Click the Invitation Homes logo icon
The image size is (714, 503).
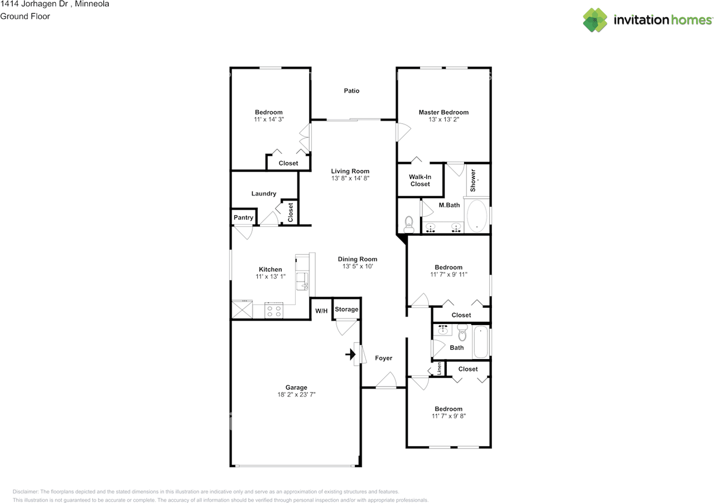pyautogui.click(x=595, y=20)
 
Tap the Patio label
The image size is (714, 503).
pyautogui.click(x=351, y=91)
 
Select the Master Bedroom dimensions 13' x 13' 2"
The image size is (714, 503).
pyautogui.click(x=443, y=119)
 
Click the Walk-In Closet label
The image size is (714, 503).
pyautogui.click(x=420, y=181)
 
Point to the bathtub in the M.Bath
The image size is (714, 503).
pyautogui.click(x=477, y=215)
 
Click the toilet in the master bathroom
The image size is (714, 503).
pyautogui.click(x=409, y=224)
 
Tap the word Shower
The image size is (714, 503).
pyautogui.click(x=473, y=180)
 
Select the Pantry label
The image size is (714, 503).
pyautogui.click(x=244, y=217)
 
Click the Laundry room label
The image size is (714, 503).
pyautogui.click(x=264, y=194)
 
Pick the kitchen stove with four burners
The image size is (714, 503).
pyautogui.click(x=274, y=311)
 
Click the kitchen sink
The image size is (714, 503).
pyautogui.click(x=302, y=281)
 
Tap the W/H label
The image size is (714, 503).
pyautogui.click(x=321, y=311)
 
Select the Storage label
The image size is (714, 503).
pyautogui.click(x=346, y=309)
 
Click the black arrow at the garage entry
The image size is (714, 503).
pyautogui.click(x=351, y=354)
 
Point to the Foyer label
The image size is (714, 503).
pyautogui.click(x=383, y=358)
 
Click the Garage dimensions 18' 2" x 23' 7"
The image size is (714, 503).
pyautogui.click(x=296, y=395)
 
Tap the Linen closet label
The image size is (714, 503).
pyautogui.click(x=439, y=369)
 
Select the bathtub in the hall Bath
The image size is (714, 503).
pyautogui.click(x=481, y=342)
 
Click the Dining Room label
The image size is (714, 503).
pyautogui.click(x=358, y=259)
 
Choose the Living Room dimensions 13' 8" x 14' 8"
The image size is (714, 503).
pyautogui.click(x=350, y=178)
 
